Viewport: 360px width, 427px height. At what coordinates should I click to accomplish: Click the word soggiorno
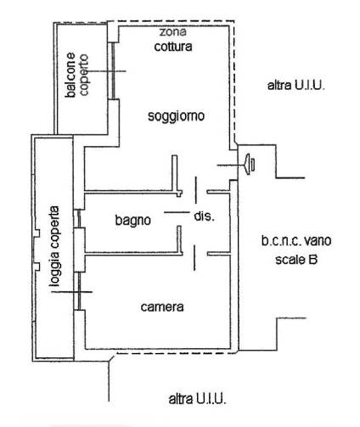176,116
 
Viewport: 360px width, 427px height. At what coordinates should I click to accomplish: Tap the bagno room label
132,220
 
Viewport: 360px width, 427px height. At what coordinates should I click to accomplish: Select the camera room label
162,306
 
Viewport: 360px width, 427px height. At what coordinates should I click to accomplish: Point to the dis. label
204,216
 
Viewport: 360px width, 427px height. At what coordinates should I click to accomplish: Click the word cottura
173,47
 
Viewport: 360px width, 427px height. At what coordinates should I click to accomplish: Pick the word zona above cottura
172,31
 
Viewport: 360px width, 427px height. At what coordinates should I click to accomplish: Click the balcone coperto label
76,75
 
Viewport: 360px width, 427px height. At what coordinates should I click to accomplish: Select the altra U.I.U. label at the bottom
197,399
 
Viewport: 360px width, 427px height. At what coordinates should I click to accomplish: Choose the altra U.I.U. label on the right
295,85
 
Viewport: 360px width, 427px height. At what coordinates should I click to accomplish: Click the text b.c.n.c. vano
296,241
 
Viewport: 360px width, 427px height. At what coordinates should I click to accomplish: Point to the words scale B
296,260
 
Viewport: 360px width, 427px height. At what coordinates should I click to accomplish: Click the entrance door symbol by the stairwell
250,165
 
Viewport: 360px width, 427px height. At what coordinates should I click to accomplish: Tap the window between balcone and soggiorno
113,70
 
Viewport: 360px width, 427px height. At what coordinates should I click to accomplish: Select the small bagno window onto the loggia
79,218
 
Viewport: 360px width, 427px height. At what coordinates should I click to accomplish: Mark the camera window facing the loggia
79,291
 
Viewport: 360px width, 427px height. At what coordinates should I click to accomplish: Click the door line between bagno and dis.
177,212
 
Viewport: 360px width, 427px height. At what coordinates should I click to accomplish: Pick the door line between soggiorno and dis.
196,190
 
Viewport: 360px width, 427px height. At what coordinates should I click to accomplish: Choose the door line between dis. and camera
194,258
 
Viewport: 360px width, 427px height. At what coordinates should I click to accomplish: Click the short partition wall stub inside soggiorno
175,173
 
